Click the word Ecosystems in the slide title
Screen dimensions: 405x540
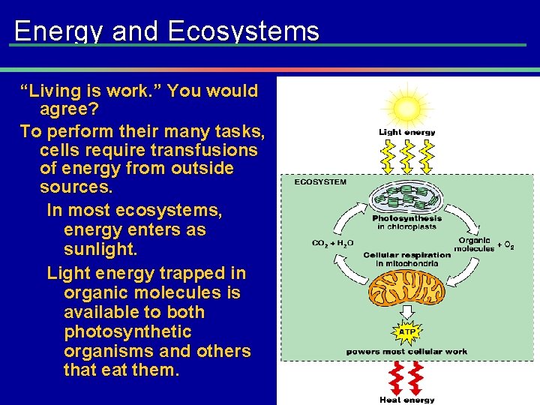pyautogui.click(x=244, y=31)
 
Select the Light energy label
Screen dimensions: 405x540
pyautogui.click(x=406, y=133)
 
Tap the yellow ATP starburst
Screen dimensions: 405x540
pyautogui.click(x=406, y=331)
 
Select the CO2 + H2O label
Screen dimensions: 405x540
pyautogui.click(x=332, y=243)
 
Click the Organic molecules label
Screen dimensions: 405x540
pyautogui.click(x=473, y=244)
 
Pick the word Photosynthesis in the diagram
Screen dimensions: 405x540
pyautogui.click(x=406, y=218)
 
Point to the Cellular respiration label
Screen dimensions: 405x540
pyautogui.click(x=406, y=255)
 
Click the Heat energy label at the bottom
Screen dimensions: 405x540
pyautogui.click(x=406, y=400)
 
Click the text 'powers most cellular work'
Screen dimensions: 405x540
pyautogui.click(x=406, y=351)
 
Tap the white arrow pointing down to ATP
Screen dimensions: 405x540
pyautogui.click(x=406, y=311)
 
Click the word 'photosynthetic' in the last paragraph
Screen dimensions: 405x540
pyautogui.click(x=127, y=331)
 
